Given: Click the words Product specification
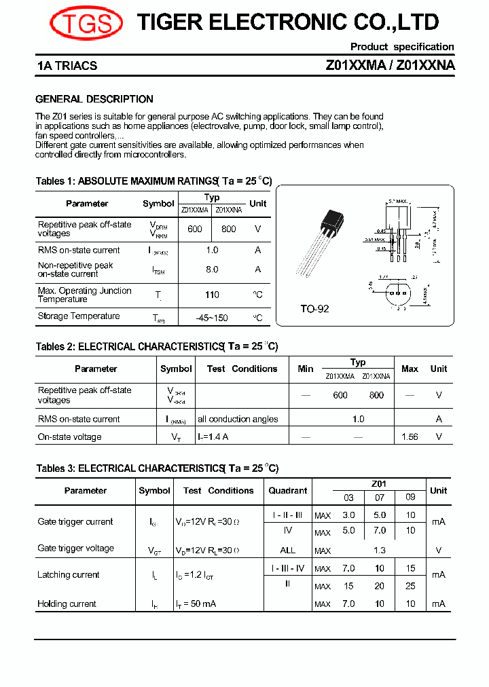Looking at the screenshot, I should click(x=401, y=47).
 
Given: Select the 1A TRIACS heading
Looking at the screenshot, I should click(x=67, y=66).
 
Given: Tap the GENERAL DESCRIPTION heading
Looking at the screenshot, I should click(x=94, y=99).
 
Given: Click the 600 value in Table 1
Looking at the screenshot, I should click(x=195, y=229).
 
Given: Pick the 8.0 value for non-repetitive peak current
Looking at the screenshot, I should click(x=212, y=270).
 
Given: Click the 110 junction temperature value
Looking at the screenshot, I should click(x=212, y=295).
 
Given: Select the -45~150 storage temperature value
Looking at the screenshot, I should click(x=212, y=317).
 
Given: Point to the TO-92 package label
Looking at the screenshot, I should click(x=314, y=309).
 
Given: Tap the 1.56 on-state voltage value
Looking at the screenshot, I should click(x=410, y=437).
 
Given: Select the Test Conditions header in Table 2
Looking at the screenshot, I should click(x=242, y=369).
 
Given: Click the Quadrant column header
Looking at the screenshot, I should click(x=287, y=491).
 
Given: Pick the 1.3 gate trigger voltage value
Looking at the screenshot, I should click(x=379, y=551).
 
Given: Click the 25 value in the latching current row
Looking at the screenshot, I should click(x=410, y=586).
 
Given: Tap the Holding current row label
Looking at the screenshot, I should click(x=67, y=604).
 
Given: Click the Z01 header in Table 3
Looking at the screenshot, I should click(x=378, y=484).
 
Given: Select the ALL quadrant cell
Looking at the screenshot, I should click(x=287, y=551).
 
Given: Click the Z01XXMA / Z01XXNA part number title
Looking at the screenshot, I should click(x=391, y=66).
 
